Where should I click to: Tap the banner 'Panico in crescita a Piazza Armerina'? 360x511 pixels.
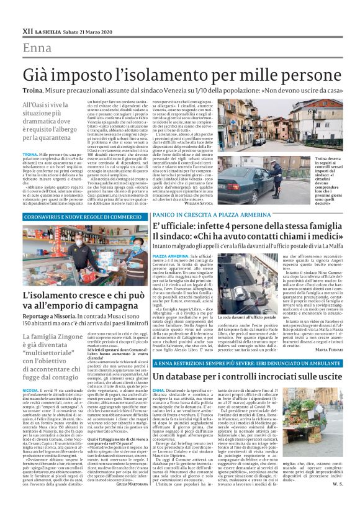click(x=211, y=213)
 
